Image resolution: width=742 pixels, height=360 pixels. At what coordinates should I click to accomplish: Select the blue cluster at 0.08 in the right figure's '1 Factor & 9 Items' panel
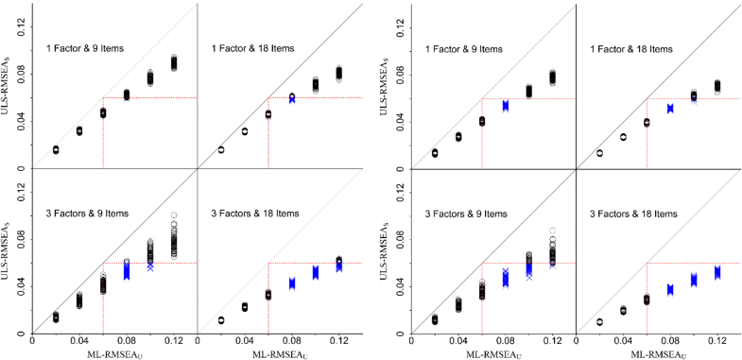click(x=506, y=106)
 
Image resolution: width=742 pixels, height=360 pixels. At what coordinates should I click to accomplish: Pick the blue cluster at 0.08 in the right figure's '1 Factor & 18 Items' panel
click(x=670, y=109)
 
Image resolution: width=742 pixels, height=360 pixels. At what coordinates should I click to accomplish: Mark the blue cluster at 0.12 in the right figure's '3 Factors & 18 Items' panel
click(x=717, y=272)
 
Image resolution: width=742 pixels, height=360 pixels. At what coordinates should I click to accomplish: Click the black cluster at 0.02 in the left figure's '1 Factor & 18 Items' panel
click(x=221, y=149)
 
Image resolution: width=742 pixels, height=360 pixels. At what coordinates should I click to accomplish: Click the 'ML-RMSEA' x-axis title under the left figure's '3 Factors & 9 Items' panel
click(x=115, y=353)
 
